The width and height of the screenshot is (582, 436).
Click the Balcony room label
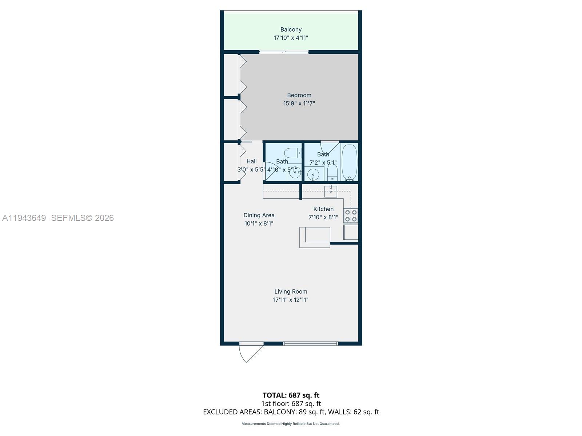click(291, 29)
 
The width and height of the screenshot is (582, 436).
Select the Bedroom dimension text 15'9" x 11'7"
click(299, 104)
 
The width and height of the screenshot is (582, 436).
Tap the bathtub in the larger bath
click(350, 162)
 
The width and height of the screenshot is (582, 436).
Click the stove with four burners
click(351, 215)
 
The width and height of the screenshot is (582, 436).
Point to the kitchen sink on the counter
click(331, 191)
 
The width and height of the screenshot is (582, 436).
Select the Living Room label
click(291, 291)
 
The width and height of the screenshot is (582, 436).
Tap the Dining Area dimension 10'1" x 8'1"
click(259, 223)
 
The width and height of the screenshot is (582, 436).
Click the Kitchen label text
click(323, 209)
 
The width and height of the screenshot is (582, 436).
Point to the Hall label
click(251, 161)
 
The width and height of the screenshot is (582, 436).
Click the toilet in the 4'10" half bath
click(293, 153)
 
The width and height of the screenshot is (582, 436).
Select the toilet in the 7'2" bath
click(332, 173)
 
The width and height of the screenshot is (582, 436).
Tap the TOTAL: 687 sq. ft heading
click(291, 395)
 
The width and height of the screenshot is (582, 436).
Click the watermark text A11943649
click(24, 218)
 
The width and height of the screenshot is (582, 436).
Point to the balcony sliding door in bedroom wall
click(284, 52)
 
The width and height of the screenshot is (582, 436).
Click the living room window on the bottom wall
click(310, 343)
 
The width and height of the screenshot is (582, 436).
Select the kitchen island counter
click(315, 237)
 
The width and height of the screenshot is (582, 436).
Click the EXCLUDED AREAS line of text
click(291, 412)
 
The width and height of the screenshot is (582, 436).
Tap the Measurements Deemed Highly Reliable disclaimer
click(290, 424)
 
